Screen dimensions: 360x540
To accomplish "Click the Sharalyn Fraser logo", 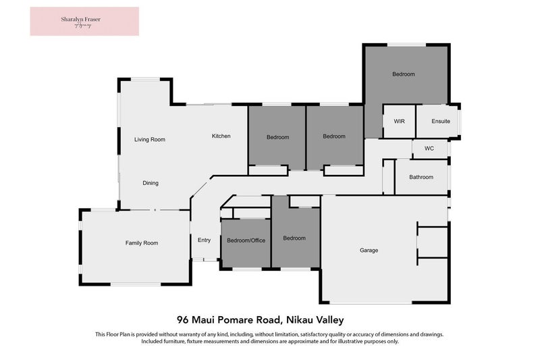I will pyautogui.click(x=84, y=21).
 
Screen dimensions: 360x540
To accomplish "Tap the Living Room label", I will pyautogui.click(x=149, y=140).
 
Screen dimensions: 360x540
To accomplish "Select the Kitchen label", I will pyautogui.click(x=221, y=136).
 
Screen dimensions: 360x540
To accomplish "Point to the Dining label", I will pyautogui.click(x=151, y=183).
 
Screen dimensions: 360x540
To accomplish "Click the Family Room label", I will pyautogui.click(x=142, y=243).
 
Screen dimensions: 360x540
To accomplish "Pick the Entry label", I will pyautogui.click(x=204, y=240).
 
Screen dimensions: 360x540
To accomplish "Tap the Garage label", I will pyautogui.click(x=369, y=251).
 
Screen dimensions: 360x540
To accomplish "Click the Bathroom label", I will pyautogui.click(x=421, y=178).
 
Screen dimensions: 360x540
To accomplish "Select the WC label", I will pyautogui.click(x=429, y=149).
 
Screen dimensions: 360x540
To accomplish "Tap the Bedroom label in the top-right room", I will pyautogui.click(x=404, y=74).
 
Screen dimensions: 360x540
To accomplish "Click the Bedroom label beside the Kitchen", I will pyautogui.click(x=277, y=137).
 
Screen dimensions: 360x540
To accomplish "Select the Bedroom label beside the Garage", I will pyautogui.click(x=294, y=238).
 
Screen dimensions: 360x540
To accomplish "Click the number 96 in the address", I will pyautogui.click(x=182, y=319).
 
